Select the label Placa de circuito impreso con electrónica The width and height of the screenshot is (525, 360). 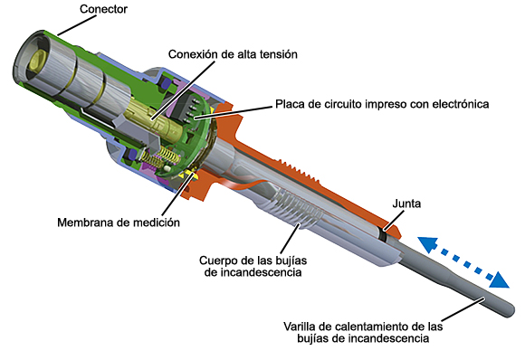coord(380,104)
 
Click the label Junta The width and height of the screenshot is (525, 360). coord(406,204)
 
